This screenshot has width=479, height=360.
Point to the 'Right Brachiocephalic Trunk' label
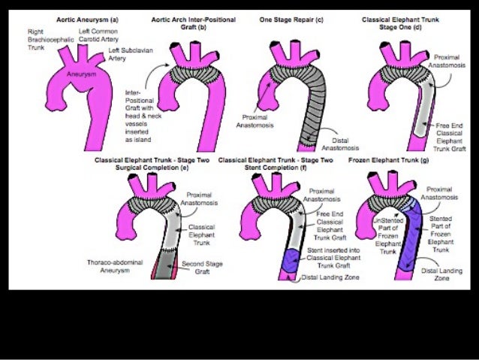tap(43, 39)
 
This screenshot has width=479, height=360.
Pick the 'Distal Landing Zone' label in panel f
tap(331, 277)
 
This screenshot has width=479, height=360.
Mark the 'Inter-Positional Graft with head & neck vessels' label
tap(139, 114)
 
